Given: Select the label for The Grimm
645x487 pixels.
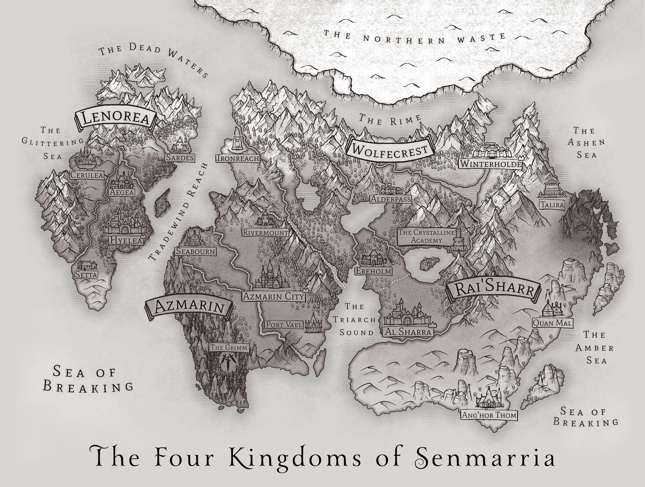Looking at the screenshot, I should click(229, 347).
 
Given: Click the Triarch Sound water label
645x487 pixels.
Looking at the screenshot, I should click(356, 320).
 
